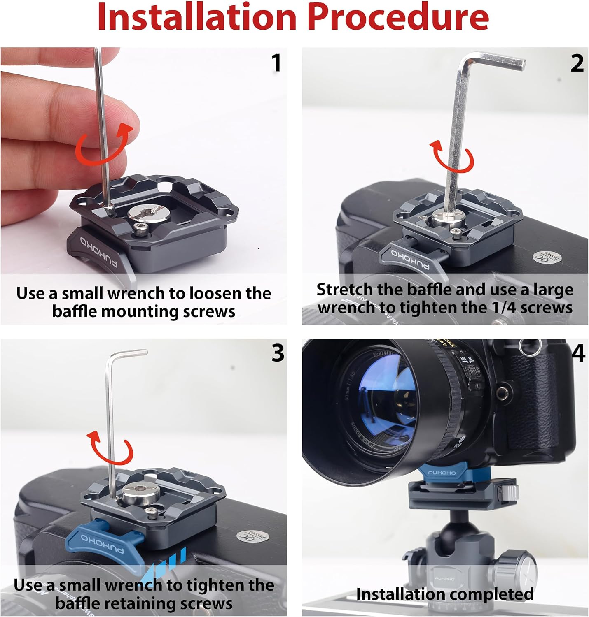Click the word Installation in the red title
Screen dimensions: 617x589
[197, 17]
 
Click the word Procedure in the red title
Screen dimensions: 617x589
[398, 17]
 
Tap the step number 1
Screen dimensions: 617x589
[276, 63]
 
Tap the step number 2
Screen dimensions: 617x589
[577, 63]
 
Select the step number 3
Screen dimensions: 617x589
[278, 353]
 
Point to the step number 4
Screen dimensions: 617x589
[578, 353]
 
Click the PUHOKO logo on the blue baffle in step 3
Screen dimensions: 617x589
[99, 543]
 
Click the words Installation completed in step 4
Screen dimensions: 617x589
[445, 594]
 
